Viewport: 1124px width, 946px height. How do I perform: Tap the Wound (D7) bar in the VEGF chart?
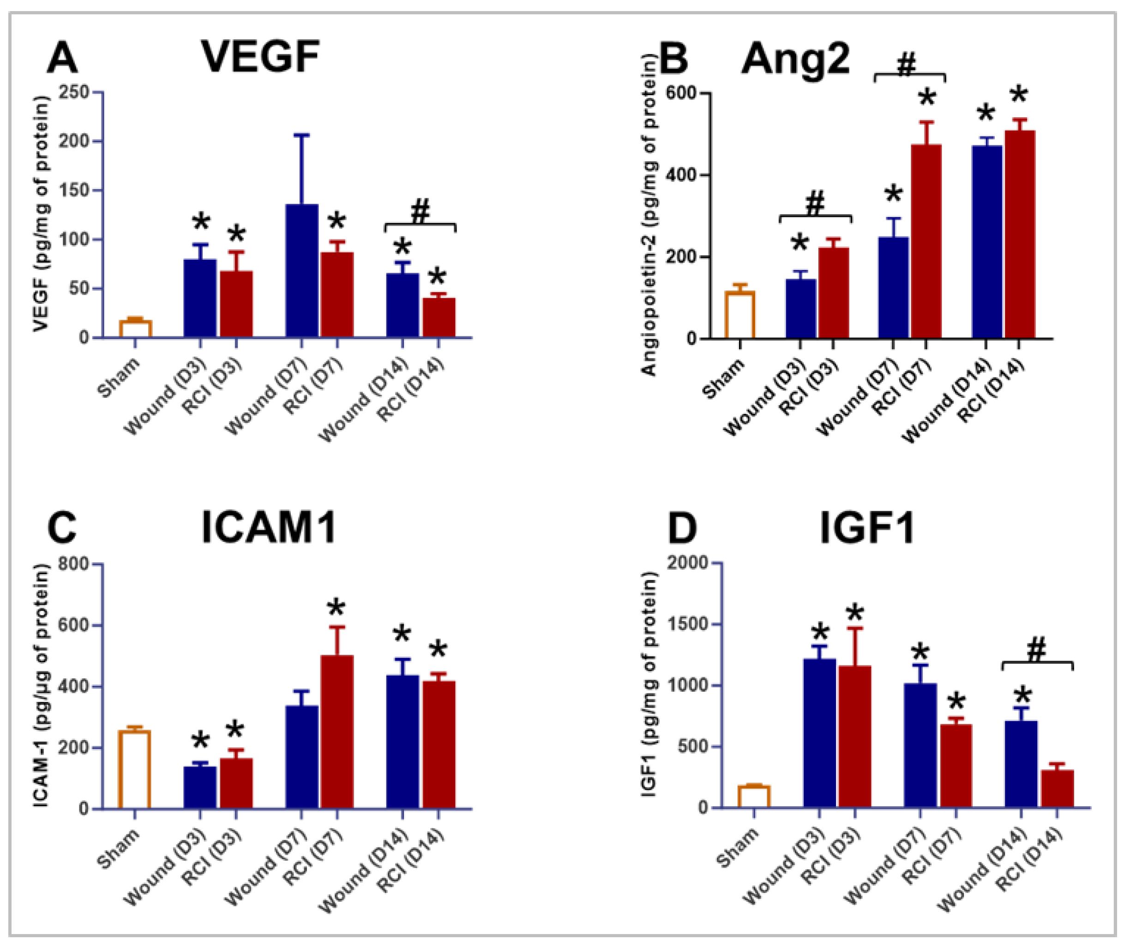click(301, 271)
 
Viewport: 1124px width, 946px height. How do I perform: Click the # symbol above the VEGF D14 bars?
click(420, 212)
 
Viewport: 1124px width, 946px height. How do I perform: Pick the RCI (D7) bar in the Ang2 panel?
click(926, 241)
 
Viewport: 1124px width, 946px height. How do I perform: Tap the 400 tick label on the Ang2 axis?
click(680, 175)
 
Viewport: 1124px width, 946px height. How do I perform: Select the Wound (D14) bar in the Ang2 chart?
click(986, 242)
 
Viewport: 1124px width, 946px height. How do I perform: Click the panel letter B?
click(673, 59)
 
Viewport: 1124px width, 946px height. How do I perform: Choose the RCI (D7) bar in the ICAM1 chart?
click(337, 731)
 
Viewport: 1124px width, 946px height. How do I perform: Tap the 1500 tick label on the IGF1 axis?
click(687, 624)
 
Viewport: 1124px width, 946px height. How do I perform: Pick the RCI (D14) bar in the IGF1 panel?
click(1057, 788)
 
